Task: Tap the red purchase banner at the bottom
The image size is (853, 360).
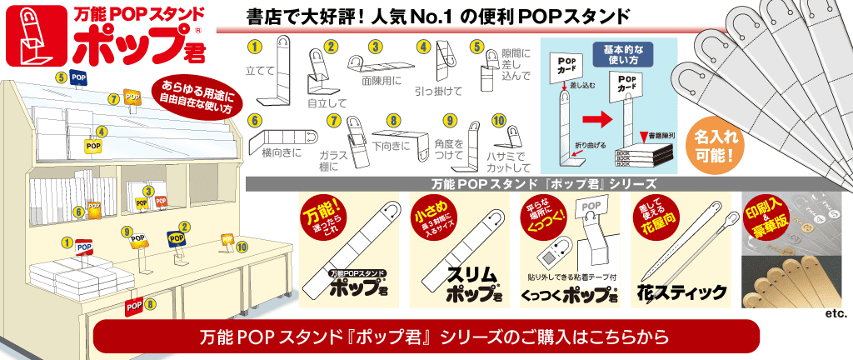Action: coord(426,337)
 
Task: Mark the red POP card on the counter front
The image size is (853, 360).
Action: coord(132,306)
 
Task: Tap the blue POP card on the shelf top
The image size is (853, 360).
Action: coord(79,77)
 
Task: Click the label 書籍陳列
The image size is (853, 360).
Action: coord(657,135)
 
